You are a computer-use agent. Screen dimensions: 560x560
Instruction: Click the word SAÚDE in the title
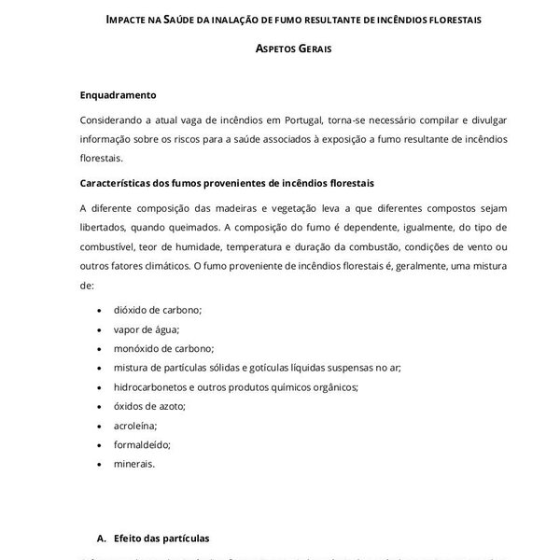pyautogui.click(x=184, y=20)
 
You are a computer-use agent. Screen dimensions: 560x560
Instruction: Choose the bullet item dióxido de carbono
pyautogui.click(x=157, y=309)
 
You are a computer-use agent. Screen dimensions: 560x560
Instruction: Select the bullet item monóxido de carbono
pyautogui.click(x=163, y=348)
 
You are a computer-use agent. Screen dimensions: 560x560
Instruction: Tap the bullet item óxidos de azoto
pyautogui.click(x=149, y=406)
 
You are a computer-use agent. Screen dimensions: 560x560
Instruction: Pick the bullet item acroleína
pyautogui.click(x=134, y=425)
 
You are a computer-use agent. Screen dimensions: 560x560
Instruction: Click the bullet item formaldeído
pyautogui.click(x=142, y=444)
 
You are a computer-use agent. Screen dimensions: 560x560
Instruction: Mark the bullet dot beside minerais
pyautogui.click(x=100, y=464)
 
